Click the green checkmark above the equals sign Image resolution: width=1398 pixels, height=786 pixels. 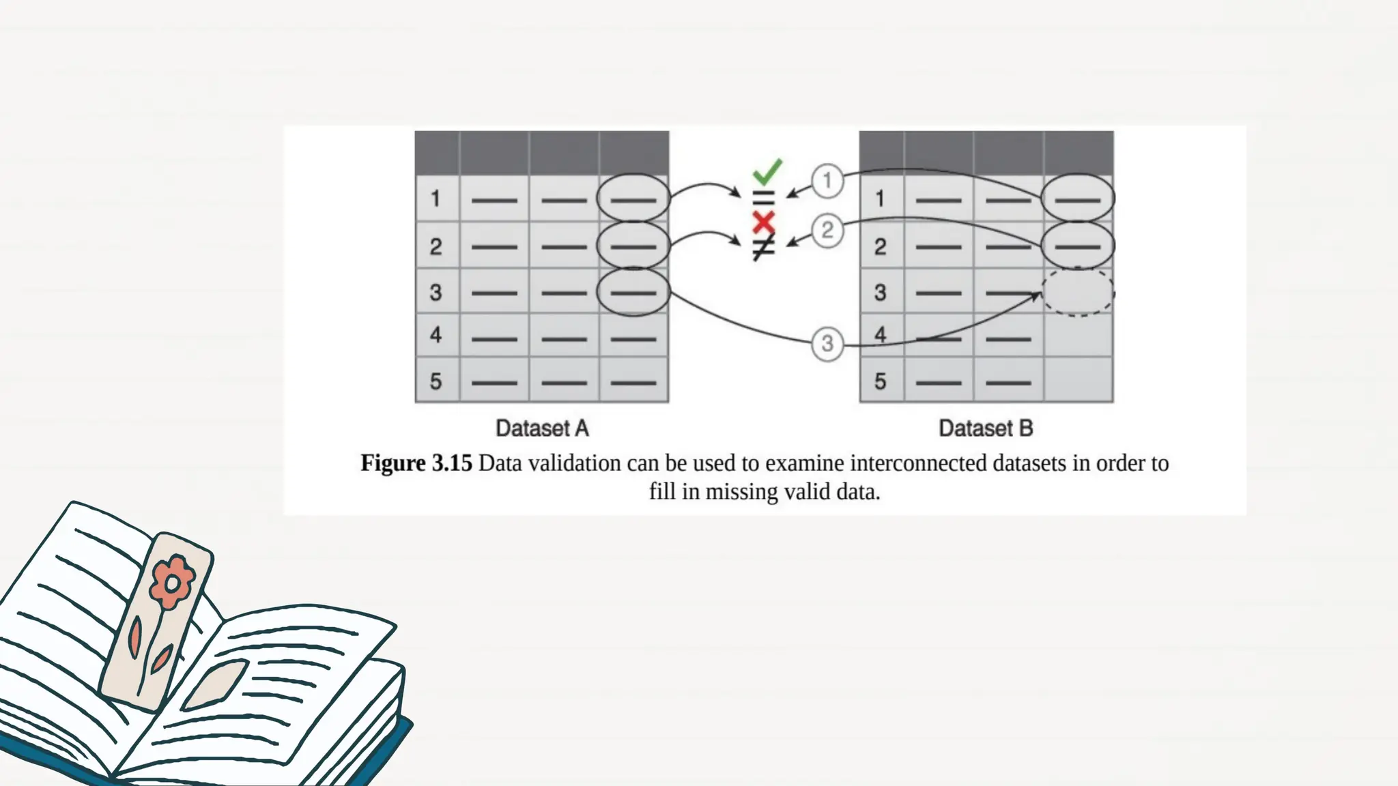[767, 171]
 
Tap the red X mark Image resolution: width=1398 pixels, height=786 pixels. [763, 222]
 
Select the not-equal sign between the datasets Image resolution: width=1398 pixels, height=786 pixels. [763, 247]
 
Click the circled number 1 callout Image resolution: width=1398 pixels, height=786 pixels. [827, 181]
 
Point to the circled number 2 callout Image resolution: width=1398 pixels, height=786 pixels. [827, 230]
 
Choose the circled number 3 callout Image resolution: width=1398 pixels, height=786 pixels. [827, 343]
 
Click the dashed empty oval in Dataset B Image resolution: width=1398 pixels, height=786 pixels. [1078, 292]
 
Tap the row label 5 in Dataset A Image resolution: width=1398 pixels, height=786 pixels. [436, 381]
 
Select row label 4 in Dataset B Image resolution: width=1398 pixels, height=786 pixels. [880, 335]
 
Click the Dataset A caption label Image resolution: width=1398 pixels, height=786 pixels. [542, 428]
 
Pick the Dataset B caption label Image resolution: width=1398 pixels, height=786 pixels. [986, 428]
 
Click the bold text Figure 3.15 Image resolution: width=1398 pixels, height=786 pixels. [416, 463]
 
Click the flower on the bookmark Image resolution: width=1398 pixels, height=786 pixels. [171, 583]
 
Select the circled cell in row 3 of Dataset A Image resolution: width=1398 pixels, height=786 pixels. [633, 292]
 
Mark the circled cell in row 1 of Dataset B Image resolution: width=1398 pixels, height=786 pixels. [1078, 199]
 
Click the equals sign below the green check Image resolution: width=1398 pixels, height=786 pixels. [763, 199]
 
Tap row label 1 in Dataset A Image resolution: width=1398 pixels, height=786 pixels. [436, 199]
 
